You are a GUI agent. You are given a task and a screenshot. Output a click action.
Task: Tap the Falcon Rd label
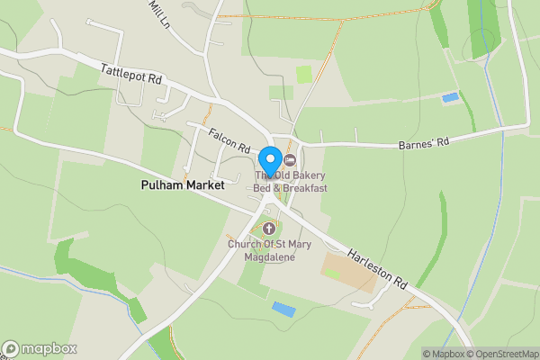click(x=229, y=139)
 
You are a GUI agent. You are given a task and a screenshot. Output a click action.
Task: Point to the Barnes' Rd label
click(x=422, y=143)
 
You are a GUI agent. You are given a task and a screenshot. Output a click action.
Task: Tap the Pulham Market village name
click(x=182, y=184)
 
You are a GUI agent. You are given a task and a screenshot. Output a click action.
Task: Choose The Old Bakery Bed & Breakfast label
click(x=290, y=181)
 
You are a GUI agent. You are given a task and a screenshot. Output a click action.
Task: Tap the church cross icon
click(x=267, y=229)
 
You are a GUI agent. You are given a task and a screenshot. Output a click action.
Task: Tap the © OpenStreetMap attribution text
click(x=500, y=354)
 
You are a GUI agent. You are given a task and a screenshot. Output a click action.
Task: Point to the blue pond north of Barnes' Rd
click(x=449, y=96)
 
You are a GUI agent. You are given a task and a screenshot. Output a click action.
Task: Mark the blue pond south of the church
click(x=283, y=309)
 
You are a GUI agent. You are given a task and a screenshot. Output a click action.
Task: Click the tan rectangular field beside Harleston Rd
click(x=349, y=271)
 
